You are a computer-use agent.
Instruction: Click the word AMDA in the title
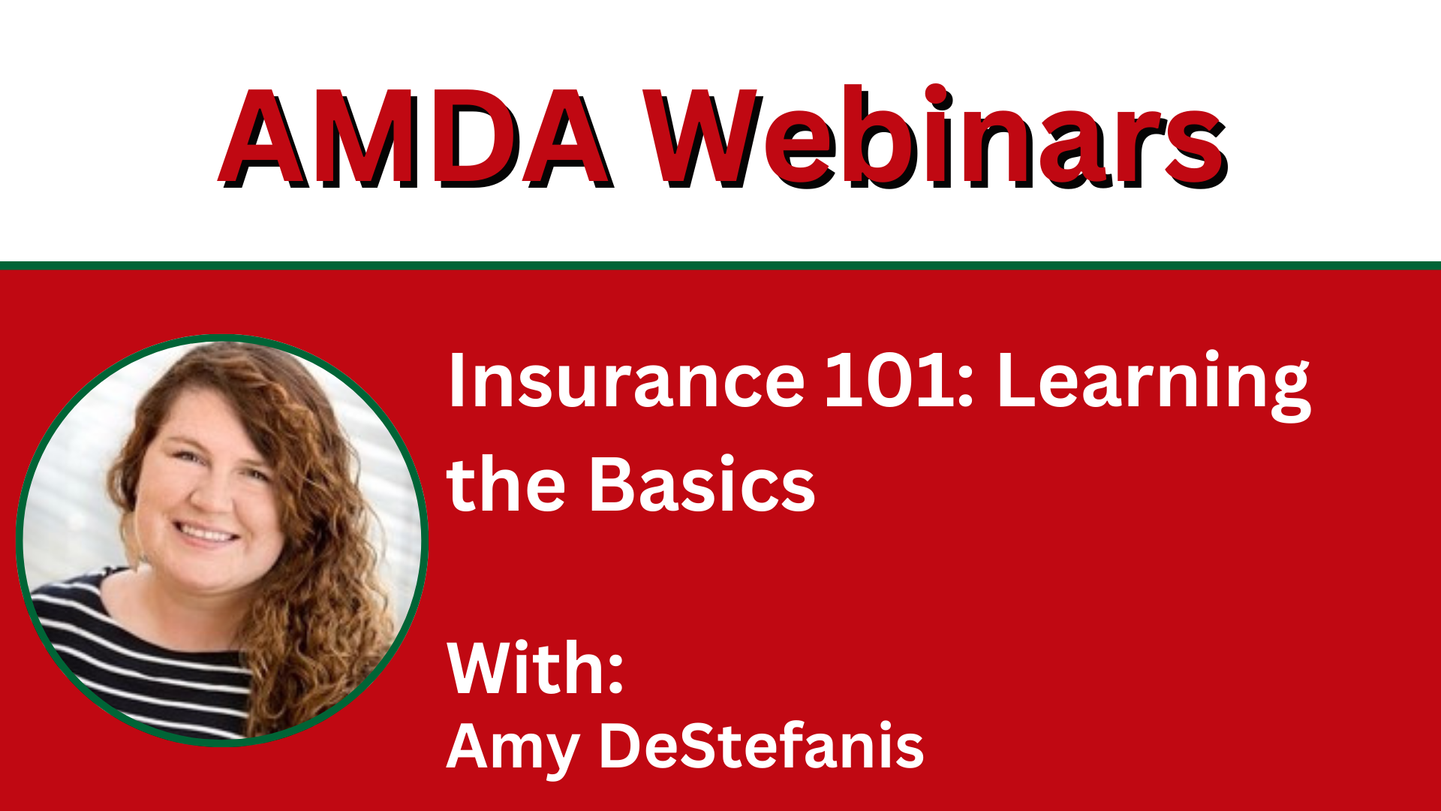coord(416,137)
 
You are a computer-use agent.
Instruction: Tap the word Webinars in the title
coord(937,136)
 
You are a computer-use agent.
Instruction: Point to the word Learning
coord(1154,384)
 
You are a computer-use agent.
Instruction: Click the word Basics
coord(702,484)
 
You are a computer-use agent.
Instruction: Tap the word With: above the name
coord(535,668)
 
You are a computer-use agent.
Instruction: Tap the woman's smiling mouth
coord(205,534)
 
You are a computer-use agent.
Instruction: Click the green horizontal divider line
coord(720,265)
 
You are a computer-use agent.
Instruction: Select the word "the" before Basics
coord(506,484)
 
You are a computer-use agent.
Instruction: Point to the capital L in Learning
coord(1016,381)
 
